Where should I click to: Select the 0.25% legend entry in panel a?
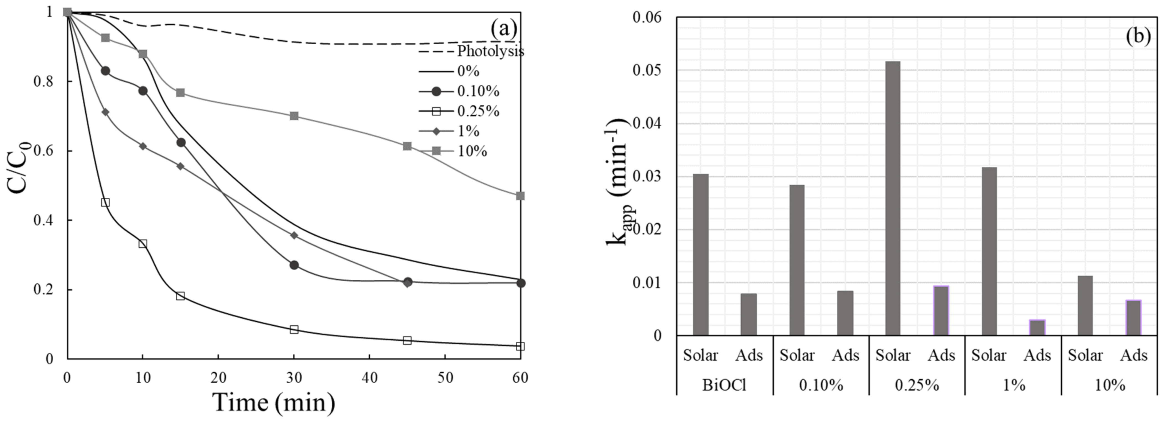(478, 111)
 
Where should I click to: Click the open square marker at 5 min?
(105, 202)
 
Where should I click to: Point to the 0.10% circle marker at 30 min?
(294, 265)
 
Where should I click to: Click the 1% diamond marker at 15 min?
(180, 166)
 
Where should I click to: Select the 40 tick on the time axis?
(370, 378)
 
